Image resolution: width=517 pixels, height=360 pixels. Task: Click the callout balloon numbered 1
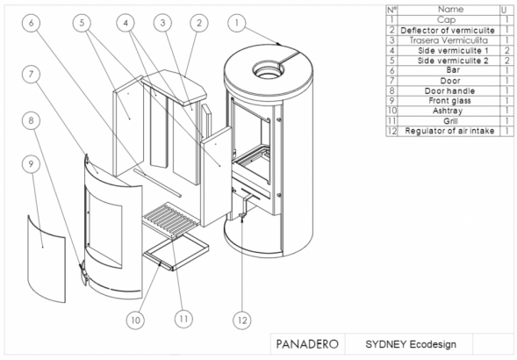(x=236, y=23)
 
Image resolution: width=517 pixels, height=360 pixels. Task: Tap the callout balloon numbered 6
(x=31, y=23)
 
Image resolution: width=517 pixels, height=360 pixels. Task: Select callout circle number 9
(x=31, y=164)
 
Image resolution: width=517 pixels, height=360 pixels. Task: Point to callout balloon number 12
(x=242, y=320)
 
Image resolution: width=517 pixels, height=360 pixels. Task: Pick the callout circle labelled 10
(x=135, y=320)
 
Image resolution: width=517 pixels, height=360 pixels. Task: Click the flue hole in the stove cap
(x=268, y=69)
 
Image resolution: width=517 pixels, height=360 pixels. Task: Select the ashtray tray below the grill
(x=176, y=252)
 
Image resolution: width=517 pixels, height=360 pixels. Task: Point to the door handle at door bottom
(x=83, y=273)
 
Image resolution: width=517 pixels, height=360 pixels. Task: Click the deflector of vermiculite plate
(x=174, y=86)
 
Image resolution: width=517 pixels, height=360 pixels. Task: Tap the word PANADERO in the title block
(x=307, y=344)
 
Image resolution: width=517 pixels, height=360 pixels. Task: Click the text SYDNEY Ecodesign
(x=411, y=344)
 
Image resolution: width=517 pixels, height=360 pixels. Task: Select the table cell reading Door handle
(x=449, y=90)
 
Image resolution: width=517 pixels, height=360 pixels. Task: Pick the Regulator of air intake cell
(x=449, y=131)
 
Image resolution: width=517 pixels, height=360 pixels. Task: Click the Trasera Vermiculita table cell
(x=449, y=40)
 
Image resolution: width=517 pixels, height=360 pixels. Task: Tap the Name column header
(x=449, y=10)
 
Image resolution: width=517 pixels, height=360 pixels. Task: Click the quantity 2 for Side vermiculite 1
(x=506, y=50)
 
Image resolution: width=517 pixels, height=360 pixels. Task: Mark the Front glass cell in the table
(x=449, y=101)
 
